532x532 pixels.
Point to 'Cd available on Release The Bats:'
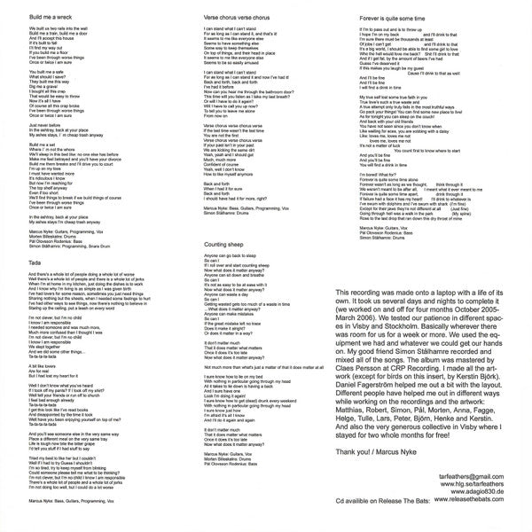tap(386, 505)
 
